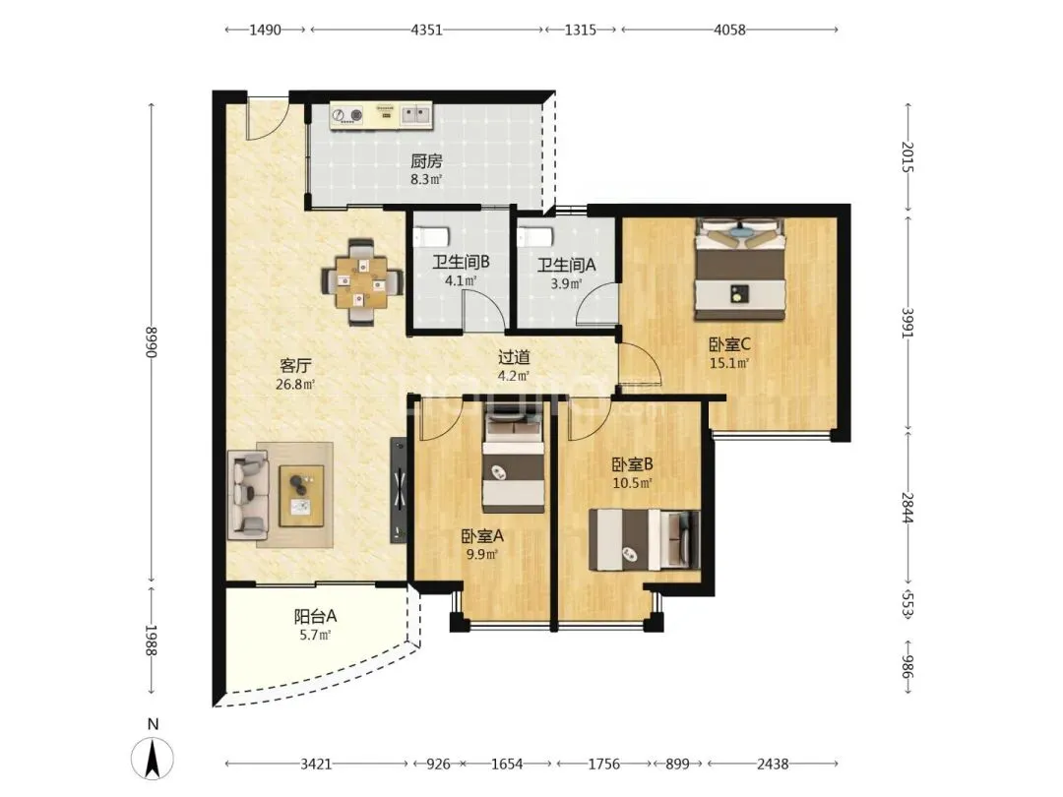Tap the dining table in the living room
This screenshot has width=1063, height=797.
click(x=361, y=280)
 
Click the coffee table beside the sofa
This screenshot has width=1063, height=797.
click(x=302, y=495)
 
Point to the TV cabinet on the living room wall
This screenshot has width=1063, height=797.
click(x=399, y=489)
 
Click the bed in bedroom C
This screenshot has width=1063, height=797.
click(x=739, y=269)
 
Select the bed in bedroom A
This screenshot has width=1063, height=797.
click(x=513, y=463)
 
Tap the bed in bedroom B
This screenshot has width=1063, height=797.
click(x=644, y=539)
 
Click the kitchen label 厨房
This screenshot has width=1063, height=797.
click(x=426, y=161)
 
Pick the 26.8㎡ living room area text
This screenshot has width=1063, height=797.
click(x=295, y=385)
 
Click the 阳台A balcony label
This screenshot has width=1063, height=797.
click(x=315, y=617)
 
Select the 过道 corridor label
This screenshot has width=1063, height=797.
click(x=514, y=357)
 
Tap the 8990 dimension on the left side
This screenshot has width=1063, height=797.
click(x=152, y=343)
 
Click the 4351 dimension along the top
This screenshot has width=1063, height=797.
click(x=426, y=30)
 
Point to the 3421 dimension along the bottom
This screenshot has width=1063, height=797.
click(x=316, y=764)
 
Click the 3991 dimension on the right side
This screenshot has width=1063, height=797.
click(x=907, y=323)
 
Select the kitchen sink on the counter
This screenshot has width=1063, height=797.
click(x=416, y=114)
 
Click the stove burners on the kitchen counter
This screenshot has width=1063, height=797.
click(x=346, y=114)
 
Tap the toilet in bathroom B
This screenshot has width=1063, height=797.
click(x=431, y=236)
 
